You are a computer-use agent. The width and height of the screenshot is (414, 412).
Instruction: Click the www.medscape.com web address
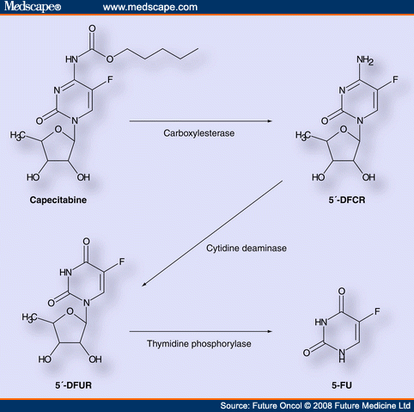[x=149, y=8]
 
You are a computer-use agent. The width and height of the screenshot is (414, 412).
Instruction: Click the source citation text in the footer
[x=315, y=404]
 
